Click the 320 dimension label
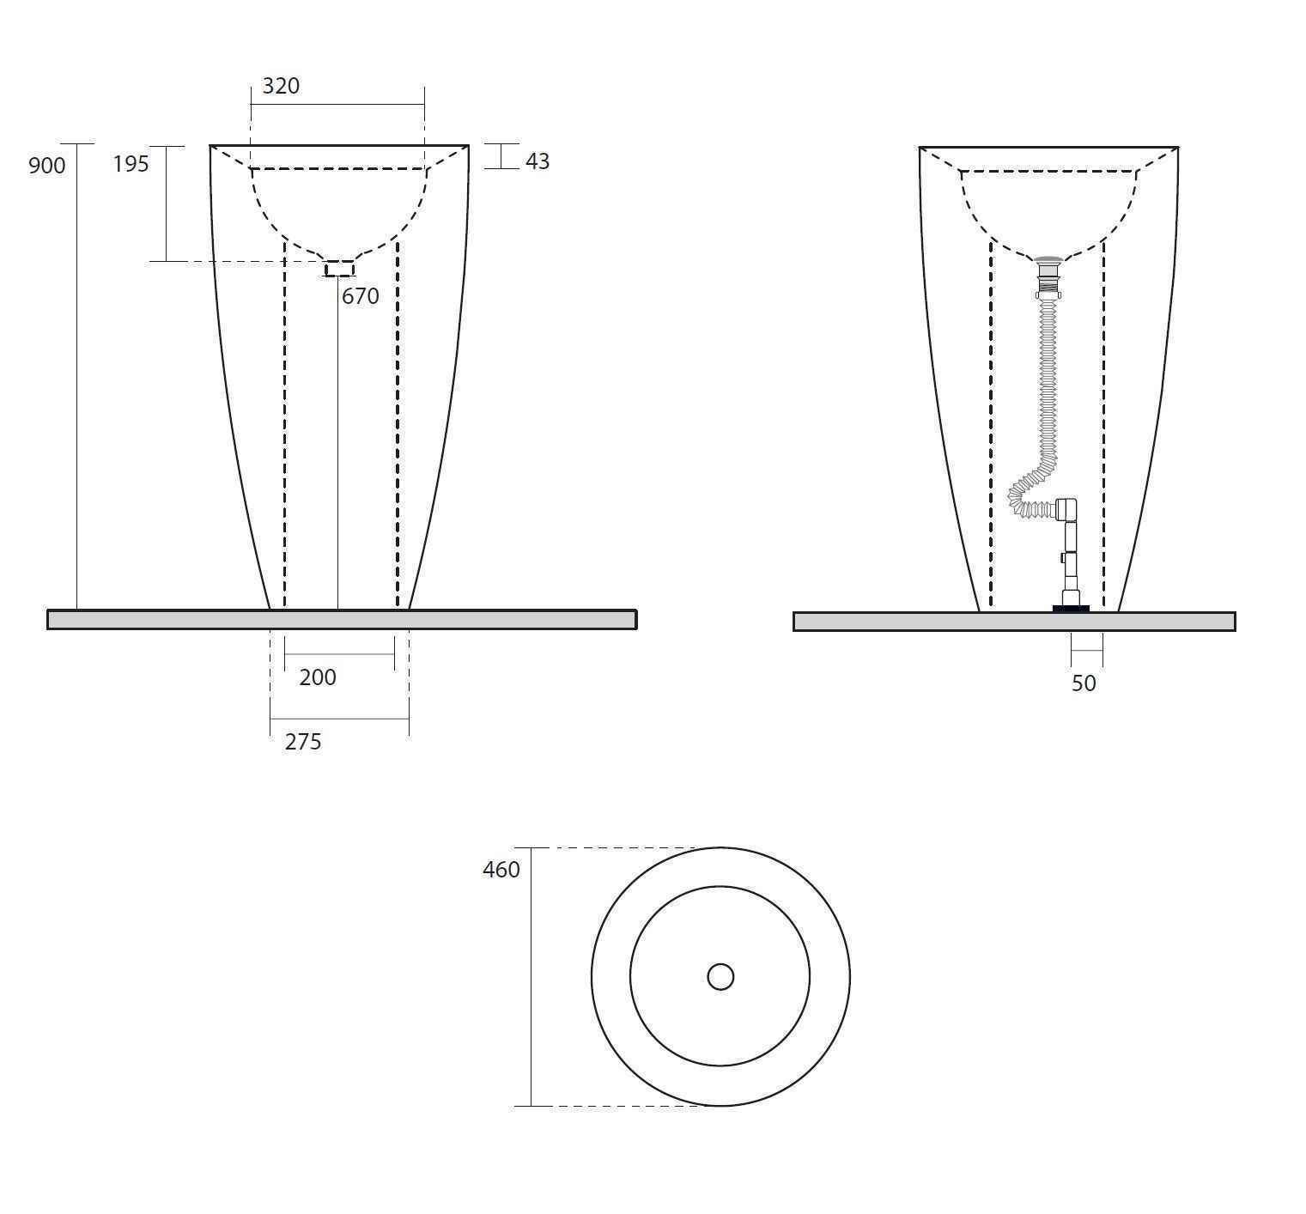281,86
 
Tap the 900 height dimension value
46,165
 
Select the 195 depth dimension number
131,163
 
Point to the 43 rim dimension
538,161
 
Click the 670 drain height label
361,296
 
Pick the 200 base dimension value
318,677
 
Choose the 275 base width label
303,742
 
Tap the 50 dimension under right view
1084,683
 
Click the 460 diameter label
501,870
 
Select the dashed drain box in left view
339,269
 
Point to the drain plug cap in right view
1048,259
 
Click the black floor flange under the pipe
1071,609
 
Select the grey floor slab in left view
342,619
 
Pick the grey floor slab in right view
1014,622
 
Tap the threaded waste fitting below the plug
1048,280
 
